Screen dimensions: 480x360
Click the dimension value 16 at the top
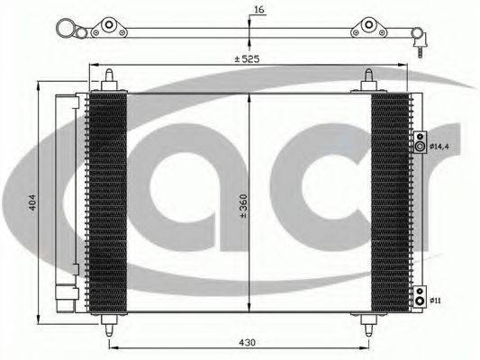coord(259,10)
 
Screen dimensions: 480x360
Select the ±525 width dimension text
coord(247,58)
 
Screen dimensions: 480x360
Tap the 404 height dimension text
coord(32,202)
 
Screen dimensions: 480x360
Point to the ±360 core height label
coord(243,206)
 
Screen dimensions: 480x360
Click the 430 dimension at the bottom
coord(247,343)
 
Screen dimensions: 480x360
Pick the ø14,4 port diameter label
coord(439,147)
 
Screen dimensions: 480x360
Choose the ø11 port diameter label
coord(435,301)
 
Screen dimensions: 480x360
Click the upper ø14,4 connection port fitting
coord(420,142)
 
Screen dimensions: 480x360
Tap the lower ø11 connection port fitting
coord(420,297)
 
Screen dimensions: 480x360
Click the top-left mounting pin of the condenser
coord(109,80)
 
